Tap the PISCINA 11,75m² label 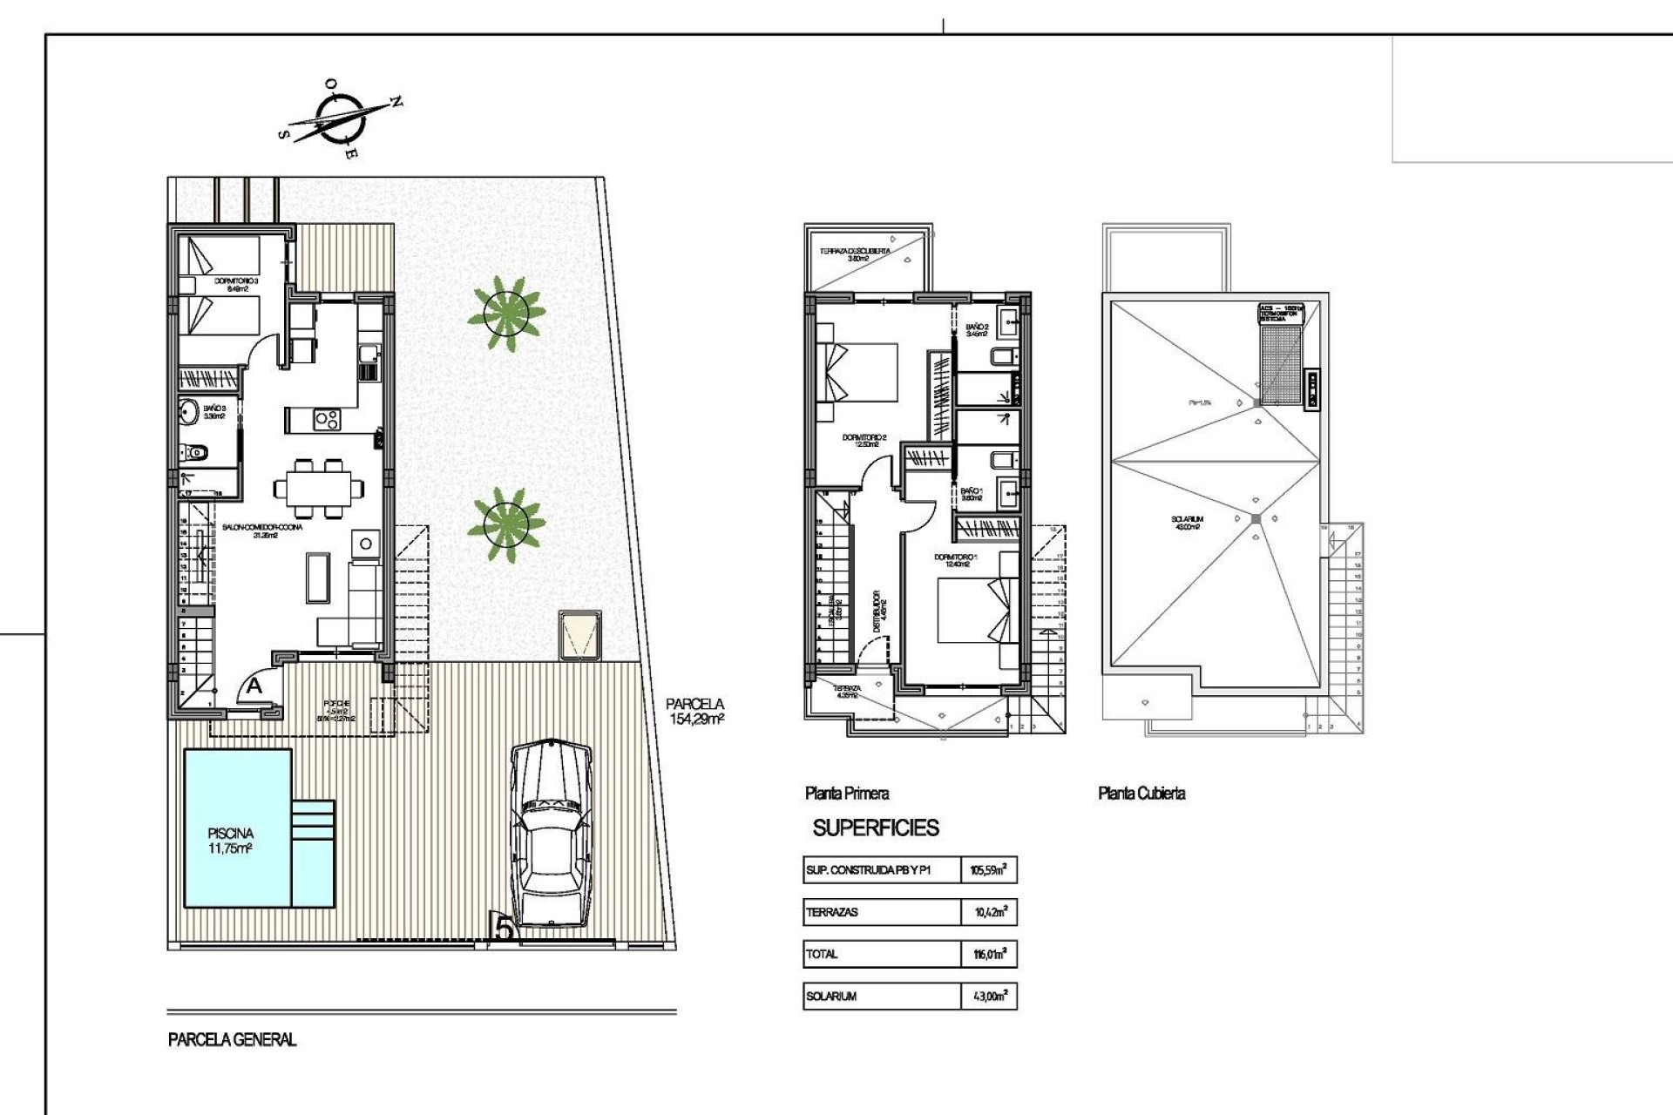[x=230, y=841]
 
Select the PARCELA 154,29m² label [x=695, y=711]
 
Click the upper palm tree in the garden [x=506, y=313]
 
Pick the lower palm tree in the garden [x=506, y=524]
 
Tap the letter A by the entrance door [x=254, y=686]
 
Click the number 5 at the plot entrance [x=504, y=928]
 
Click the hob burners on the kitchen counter [x=326, y=420]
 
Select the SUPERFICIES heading [x=876, y=828]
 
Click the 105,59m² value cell [x=988, y=869]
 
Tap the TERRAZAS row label [x=832, y=912]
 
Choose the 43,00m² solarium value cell [x=989, y=996]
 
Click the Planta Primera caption [x=847, y=793]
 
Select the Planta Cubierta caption [x=1141, y=793]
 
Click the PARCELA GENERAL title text [x=232, y=1039]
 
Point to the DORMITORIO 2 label [x=864, y=441]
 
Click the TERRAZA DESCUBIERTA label [x=855, y=254]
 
